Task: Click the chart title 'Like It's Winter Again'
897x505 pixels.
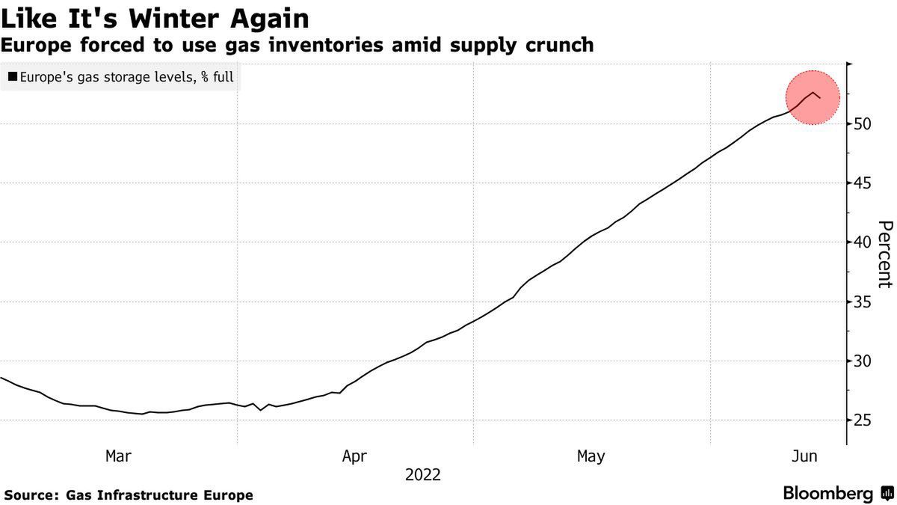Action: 155,17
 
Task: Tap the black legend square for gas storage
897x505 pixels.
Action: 13,76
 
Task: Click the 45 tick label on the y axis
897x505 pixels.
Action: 864,183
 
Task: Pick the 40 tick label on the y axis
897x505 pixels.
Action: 864,242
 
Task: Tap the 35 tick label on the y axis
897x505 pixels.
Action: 864,302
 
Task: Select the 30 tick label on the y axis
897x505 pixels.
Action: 864,361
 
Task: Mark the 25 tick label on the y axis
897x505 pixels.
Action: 864,420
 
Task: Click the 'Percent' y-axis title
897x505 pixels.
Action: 885,254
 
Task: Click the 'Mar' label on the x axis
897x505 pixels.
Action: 119,456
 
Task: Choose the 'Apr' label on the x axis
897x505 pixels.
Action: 354,456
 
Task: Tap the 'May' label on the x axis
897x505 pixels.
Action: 591,456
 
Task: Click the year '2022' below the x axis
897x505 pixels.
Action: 423,474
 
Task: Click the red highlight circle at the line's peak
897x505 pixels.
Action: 813,97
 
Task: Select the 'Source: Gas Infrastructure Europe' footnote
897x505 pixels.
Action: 129,495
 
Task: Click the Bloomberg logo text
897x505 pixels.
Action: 827,494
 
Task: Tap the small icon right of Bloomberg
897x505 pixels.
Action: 887,494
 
